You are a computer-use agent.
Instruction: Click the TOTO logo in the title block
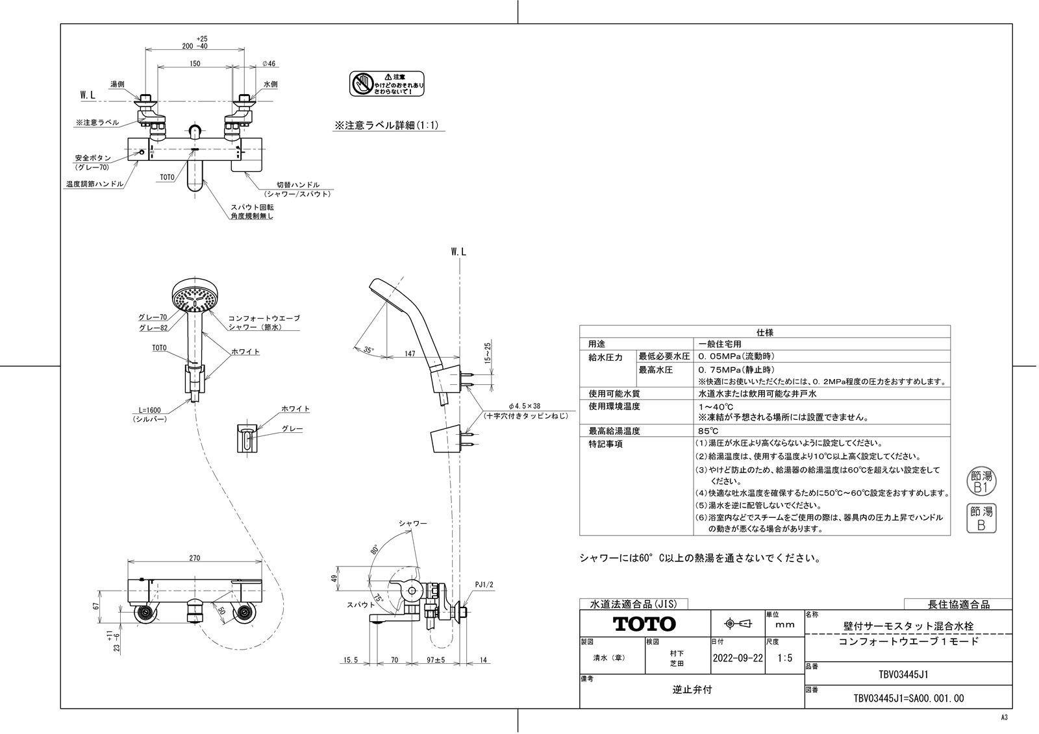tap(645, 624)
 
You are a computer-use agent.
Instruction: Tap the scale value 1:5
tap(784, 657)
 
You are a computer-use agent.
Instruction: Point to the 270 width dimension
tap(195, 558)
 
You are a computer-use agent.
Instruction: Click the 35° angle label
tap(369, 350)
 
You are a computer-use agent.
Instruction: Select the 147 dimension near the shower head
tap(409, 353)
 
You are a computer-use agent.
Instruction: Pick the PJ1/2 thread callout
tap(484, 585)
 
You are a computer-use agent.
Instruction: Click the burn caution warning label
tap(387, 84)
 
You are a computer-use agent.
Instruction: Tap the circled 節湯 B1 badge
tap(981, 481)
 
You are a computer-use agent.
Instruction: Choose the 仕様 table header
tap(764, 332)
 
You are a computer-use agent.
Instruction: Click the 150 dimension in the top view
tap(195, 64)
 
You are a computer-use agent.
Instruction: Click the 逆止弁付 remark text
tap(692, 690)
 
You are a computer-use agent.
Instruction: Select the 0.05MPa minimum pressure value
tap(736, 356)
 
